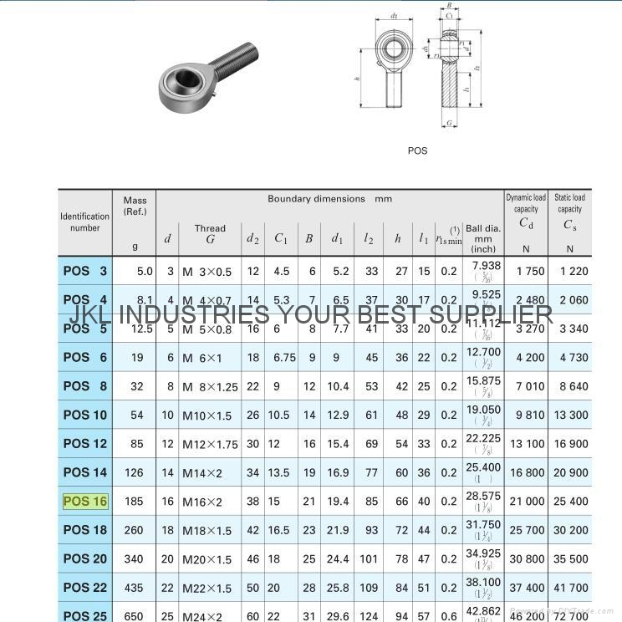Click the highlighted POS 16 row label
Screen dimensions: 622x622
click(x=85, y=502)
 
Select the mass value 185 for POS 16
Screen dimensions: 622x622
click(x=134, y=502)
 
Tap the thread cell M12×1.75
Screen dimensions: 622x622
click(x=210, y=444)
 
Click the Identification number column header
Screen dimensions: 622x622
click(x=84, y=222)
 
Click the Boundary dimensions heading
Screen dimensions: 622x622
click(x=329, y=199)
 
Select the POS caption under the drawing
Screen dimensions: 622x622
click(x=417, y=150)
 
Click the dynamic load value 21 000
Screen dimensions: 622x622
click(x=526, y=502)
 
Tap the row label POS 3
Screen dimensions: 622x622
click(x=85, y=271)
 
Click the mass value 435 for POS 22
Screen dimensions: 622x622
click(x=134, y=588)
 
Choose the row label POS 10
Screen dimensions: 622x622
click(x=85, y=416)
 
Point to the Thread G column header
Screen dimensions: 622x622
click(x=210, y=233)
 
